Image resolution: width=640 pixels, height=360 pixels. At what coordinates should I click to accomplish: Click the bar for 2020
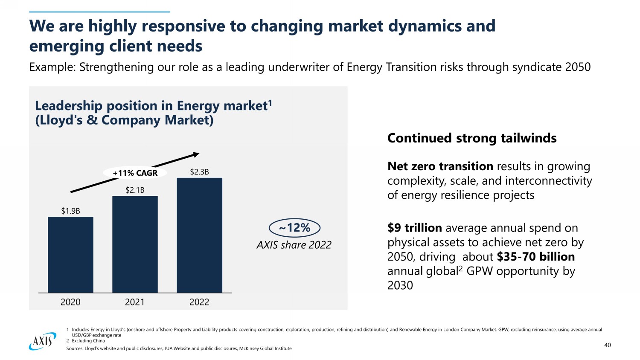(x=70, y=255)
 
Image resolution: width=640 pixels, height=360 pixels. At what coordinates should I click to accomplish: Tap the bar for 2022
(x=199, y=235)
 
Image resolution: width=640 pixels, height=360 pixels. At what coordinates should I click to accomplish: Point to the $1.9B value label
(x=70, y=211)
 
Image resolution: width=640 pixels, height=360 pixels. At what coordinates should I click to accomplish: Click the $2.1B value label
(x=135, y=190)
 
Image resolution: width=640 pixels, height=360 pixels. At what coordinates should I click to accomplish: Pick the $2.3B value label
(x=199, y=172)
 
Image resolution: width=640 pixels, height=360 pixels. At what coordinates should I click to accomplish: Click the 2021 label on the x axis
(x=135, y=302)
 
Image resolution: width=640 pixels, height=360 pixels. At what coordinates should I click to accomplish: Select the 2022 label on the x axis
(x=199, y=302)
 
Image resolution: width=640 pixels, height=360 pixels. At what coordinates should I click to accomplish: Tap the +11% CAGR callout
(x=135, y=173)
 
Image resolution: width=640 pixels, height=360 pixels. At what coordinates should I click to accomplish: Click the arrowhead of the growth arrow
(x=196, y=154)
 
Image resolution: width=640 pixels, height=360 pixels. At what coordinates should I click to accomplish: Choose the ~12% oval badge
(x=294, y=228)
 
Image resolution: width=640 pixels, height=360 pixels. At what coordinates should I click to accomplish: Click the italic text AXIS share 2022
(x=294, y=245)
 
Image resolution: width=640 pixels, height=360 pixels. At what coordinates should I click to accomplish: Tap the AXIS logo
(x=43, y=341)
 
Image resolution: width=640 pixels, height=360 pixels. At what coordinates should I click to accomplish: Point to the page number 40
(x=607, y=345)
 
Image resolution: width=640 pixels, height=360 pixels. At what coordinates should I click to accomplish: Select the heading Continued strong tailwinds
(x=472, y=138)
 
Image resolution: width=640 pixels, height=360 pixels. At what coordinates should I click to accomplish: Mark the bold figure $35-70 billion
(x=535, y=256)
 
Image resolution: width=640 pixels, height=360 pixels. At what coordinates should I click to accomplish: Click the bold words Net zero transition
(x=440, y=166)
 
